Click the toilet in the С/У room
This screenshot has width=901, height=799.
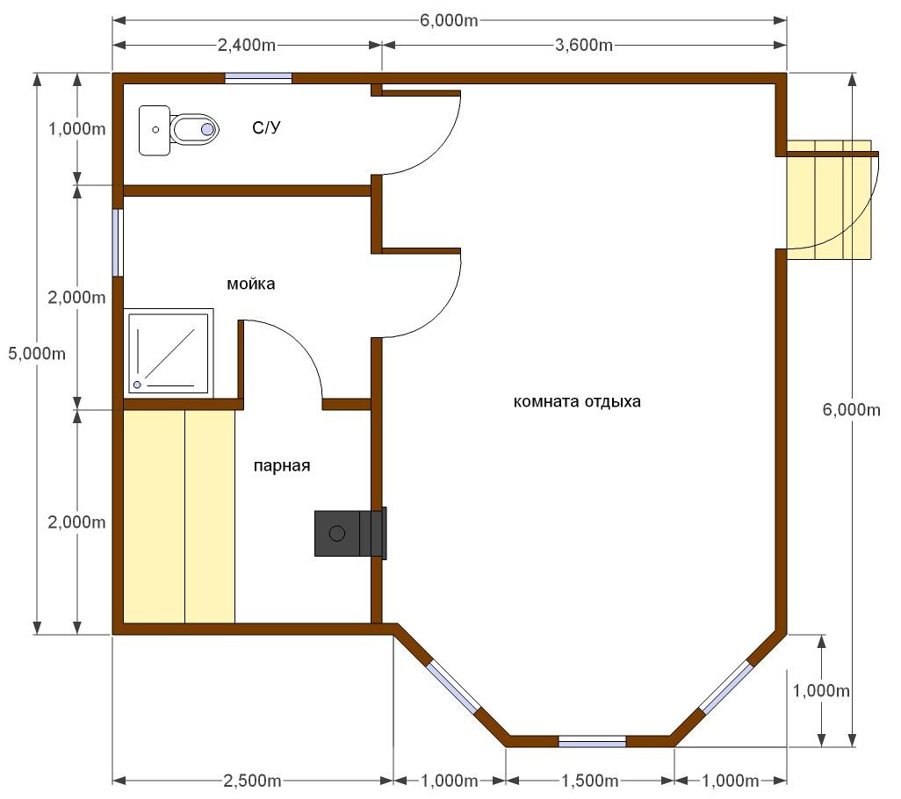point(194,129)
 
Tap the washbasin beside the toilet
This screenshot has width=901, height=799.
point(155,131)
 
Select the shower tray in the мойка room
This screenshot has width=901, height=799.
point(169,353)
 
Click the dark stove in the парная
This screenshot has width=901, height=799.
point(350,533)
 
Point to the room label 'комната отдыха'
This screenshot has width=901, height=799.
point(577,401)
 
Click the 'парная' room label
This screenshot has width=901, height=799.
point(282,465)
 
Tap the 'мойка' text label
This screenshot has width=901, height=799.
point(250,284)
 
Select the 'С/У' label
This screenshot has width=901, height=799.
point(267,127)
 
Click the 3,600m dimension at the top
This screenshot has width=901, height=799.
point(584,45)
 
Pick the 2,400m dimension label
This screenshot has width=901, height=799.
point(247,45)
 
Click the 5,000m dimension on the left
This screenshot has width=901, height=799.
point(37,354)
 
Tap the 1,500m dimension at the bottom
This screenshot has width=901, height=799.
point(589,781)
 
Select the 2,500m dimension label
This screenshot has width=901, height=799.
point(252,781)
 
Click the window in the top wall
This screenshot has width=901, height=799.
point(258,78)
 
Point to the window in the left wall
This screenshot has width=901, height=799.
point(118,242)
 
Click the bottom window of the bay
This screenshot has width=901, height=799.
point(592,741)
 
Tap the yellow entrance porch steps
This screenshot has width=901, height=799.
point(829,200)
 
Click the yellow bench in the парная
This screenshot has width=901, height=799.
point(179,516)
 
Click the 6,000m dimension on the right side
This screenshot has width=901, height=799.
point(851,409)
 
